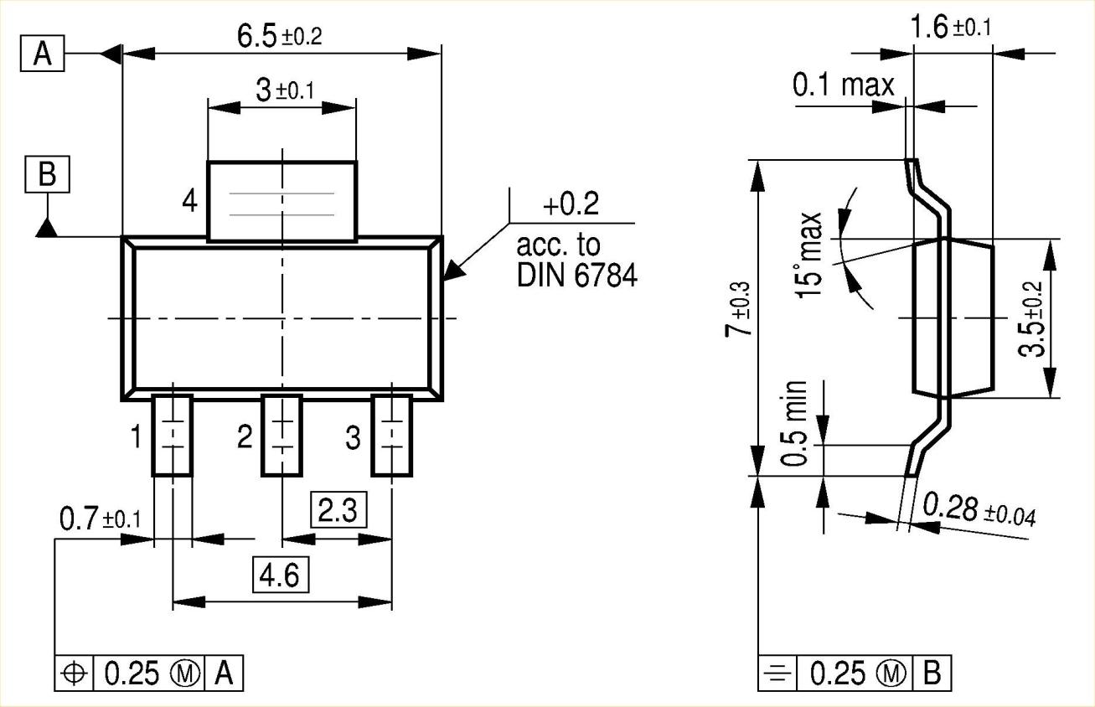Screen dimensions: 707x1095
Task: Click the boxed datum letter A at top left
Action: [42, 55]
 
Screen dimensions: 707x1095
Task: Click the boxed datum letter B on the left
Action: [48, 175]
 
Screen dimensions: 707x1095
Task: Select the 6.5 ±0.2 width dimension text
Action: [281, 37]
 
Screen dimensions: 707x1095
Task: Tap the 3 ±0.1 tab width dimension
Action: [284, 90]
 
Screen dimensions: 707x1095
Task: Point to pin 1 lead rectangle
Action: [173, 436]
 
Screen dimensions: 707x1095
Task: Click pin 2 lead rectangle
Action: [282, 436]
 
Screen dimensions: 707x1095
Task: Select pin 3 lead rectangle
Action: [392, 436]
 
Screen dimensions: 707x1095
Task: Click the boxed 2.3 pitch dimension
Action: [338, 510]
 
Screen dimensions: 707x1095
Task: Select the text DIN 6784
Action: [576, 276]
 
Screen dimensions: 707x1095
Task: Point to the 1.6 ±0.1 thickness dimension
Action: [950, 28]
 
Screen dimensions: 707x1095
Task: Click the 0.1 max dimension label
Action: [843, 85]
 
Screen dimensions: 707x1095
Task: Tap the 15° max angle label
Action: [810, 255]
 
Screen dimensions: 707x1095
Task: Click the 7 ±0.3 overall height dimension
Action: [737, 319]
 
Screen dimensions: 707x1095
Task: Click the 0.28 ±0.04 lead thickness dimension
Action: [979, 508]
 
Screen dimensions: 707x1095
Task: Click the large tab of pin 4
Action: [281, 202]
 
